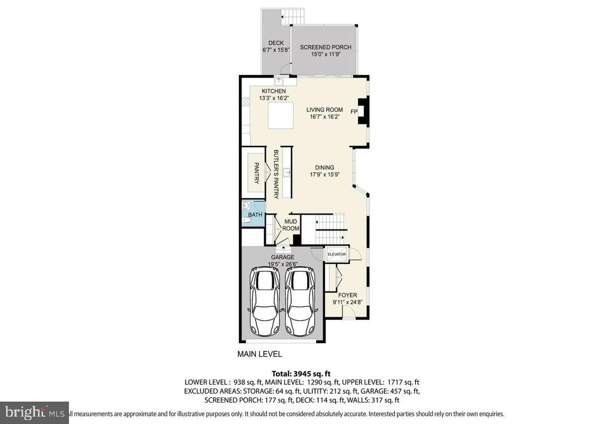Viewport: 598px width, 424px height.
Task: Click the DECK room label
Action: point(276,43)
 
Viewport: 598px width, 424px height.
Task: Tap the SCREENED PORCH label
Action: point(325,47)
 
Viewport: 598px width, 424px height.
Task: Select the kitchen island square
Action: point(280,115)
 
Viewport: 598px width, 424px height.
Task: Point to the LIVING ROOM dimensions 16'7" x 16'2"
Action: point(324,117)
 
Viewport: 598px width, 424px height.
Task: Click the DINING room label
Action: point(324,168)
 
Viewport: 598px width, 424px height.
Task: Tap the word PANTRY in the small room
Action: point(256,173)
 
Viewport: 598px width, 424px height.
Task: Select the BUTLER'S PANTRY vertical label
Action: point(276,174)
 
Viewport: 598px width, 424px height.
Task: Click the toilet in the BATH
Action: point(246,220)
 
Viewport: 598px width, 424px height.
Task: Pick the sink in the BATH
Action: point(246,205)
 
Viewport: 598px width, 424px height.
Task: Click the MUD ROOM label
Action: point(290,225)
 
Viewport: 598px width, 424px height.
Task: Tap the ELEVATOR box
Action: point(336,254)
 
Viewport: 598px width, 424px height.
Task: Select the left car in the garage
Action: point(265,301)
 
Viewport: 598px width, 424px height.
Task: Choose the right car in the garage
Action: point(300,301)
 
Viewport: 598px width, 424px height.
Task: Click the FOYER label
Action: point(347,295)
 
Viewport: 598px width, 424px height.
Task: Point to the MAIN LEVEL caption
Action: point(259,354)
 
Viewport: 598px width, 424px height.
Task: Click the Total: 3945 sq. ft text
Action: point(301,374)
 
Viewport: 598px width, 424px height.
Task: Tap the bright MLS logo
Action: point(34,413)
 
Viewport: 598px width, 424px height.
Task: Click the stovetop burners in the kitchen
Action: point(246,101)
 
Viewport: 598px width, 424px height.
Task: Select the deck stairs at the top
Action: point(293,16)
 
